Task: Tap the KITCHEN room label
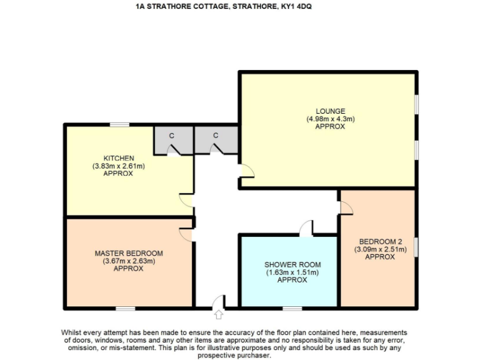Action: (119, 157)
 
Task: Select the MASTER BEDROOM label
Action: (129, 253)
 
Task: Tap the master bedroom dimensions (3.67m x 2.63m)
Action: (129, 261)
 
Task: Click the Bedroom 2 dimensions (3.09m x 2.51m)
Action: (380, 249)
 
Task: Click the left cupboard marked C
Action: (171, 136)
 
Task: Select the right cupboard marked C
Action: (215, 136)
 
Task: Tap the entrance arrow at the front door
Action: (218, 303)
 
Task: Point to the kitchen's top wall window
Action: (120, 125)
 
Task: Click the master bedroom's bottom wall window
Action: (125, 308)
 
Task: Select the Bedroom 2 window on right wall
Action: (416, 247)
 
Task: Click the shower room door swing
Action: (306, 229)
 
